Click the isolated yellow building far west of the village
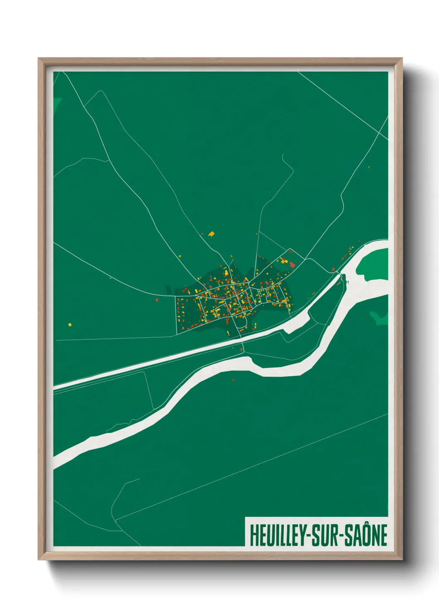pyautogui.click(x=70, y=324)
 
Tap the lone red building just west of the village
pyautogui.click(x=157, y=299)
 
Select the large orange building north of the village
pyautogui.click(x=211, y=234)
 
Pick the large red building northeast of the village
pyautogui.click(x=292, y=264)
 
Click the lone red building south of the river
pyautogui.click(x=233, y=379)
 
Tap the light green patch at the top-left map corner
pyautogui.click(x=57, y=102)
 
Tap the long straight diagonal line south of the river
pyautogui.click(x=249, y=467)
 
